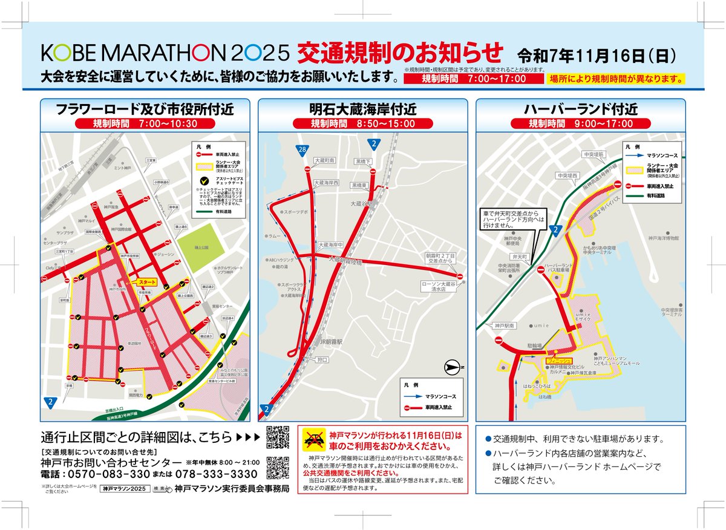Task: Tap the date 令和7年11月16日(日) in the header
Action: (597, 56)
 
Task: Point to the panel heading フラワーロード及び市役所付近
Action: (145, 110)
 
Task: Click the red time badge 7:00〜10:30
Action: (145, 123)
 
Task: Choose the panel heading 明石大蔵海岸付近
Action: (362, 110)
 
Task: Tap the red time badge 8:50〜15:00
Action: (362, 123)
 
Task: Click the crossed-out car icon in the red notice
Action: (313, 439)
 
